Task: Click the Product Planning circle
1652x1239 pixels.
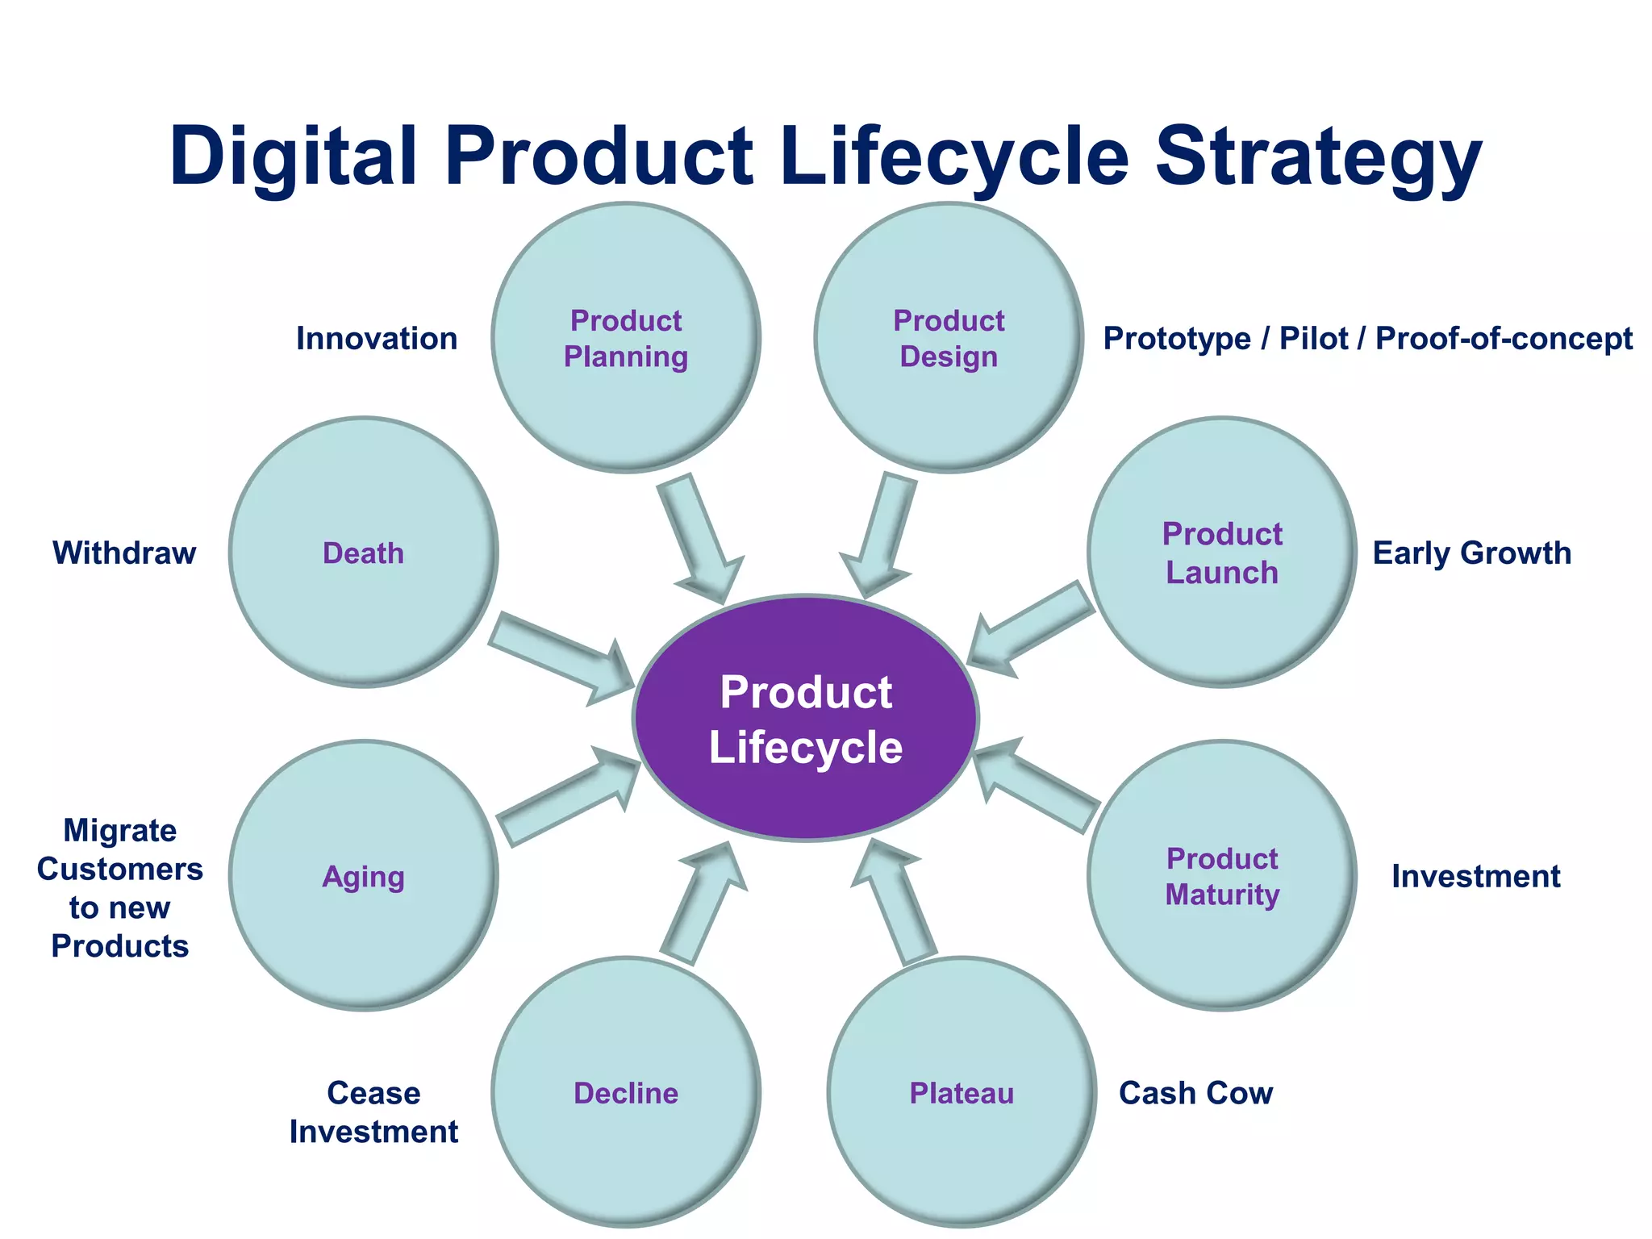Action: coord(626,338)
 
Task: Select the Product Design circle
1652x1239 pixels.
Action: coord(949,338)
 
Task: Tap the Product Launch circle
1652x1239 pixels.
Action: coord(1221,553)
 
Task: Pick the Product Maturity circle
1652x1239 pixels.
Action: coord(1221,876)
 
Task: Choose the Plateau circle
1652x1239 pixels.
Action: coord(962,1093)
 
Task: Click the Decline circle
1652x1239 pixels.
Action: coord(626,1093)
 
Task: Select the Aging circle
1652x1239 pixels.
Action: coord(363,876)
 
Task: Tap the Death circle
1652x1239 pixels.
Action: coord(363,553)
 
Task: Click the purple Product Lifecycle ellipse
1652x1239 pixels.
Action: coord(806,719)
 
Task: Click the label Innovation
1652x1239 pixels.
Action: coord(377,339)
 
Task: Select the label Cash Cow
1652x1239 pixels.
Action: coord(1195,1093)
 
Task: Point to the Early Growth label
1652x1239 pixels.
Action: coord(1471,553)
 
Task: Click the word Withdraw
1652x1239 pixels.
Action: coord(124,553)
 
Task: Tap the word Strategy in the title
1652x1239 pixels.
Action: coord(1318,157)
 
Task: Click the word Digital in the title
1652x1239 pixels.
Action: coord(293,157)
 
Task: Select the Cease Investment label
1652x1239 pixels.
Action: coord(373,1112)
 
